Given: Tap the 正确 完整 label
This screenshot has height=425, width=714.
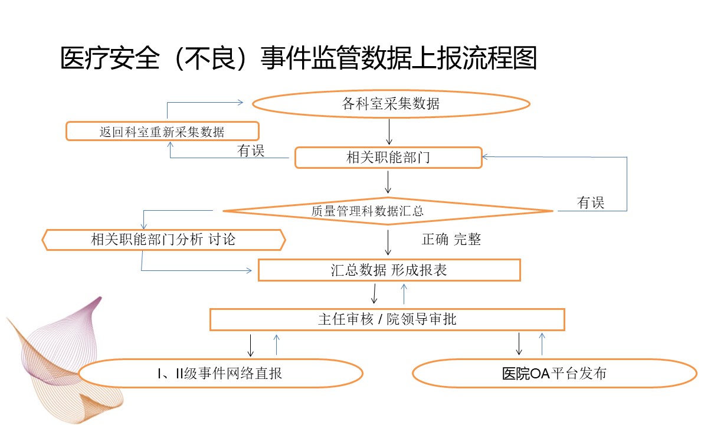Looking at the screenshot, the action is [x=451, y=239].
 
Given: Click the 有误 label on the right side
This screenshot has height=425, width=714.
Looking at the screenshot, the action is [x=591, y=203].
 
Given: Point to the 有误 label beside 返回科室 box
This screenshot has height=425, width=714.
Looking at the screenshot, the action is [x=251, y=151].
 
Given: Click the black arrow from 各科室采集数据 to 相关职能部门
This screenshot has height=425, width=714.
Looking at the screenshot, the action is [x=389, y=132].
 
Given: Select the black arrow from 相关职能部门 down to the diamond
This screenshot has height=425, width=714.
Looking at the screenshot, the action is [x=388, y=182].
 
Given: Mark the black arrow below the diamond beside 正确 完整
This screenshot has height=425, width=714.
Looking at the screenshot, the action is [x=388, y=243].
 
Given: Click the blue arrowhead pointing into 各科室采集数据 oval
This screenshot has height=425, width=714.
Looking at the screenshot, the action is [x=241, y=102].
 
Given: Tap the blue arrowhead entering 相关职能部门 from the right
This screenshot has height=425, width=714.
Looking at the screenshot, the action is [x=485, y=156].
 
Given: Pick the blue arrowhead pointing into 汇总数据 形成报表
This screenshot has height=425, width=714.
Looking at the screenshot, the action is [x=249, y=271].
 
